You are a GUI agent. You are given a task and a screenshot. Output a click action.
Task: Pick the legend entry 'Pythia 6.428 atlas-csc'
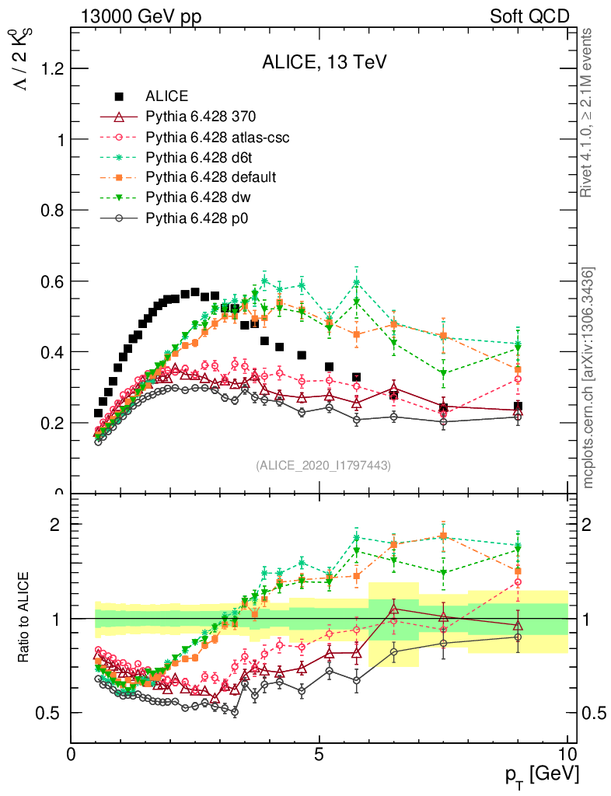218,137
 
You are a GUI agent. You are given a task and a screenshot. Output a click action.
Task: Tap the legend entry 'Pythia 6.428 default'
211,177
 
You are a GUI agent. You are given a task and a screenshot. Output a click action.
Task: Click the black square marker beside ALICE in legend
120,96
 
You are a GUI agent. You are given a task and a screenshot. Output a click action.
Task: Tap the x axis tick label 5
319,755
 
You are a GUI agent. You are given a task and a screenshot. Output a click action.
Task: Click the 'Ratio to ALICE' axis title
26,618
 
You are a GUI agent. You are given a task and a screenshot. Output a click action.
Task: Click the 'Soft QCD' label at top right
529,16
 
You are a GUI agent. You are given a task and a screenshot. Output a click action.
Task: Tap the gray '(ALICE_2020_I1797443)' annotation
323,465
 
